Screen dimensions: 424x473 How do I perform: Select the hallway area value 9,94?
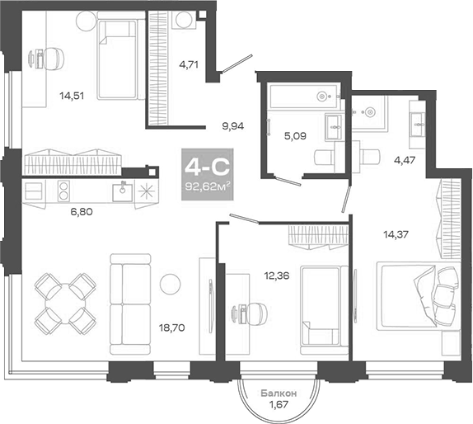pos(234,127)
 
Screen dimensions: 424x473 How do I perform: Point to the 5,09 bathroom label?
pos(293,136)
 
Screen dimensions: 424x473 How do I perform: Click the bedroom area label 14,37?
pos(397,233)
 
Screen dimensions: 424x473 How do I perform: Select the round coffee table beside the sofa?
pos(170,283)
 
